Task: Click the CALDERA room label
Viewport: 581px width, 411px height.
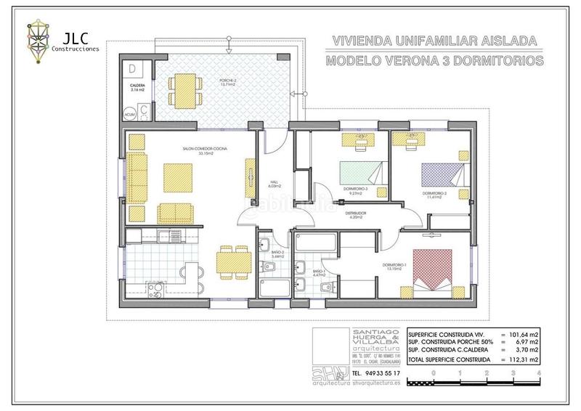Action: pos(138,86)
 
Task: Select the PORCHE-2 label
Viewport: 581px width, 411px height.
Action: pos(228,81)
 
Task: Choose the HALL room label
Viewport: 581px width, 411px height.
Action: pos(275,182)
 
